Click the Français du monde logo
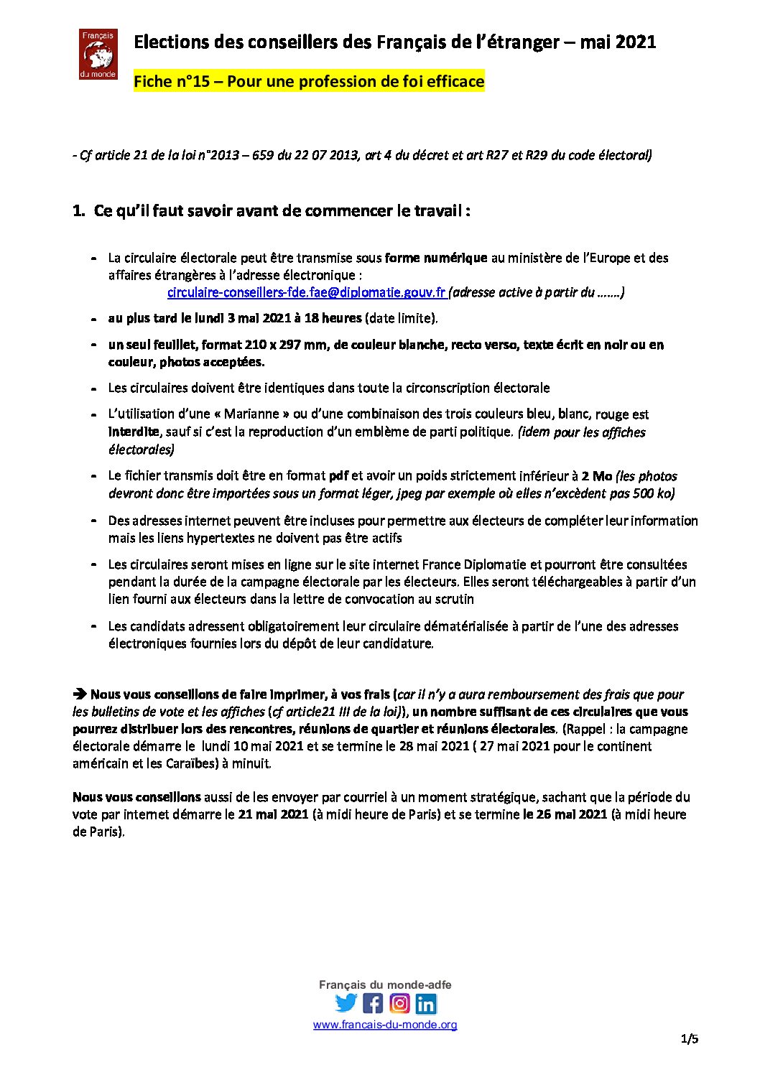(x=98, y=54)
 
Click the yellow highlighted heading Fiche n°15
(x=309, y=81)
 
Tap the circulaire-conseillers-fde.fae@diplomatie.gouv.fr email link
(x=306, y=292)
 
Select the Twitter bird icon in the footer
(x=346, y=1003)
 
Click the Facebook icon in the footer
(x=373, y=1003)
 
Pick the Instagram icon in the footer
(x=399, y=1003)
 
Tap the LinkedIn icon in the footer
(x=426, y=1003)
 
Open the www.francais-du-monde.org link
(x=385, y=1025)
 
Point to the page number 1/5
(x=690, y=1038)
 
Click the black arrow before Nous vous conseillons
(x=79, y=694)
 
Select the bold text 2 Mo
(x=596, y=475)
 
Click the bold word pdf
(x=338, y=475)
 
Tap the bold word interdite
(x=134, y=432)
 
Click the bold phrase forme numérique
(x=436, y=258)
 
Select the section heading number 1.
(x=78, y=211)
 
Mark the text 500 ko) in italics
(x=655, y=493)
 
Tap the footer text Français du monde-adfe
(x=385, y=985)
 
